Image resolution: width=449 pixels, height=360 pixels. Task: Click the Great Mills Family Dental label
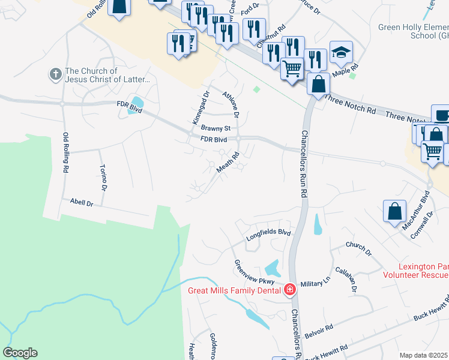(x=235, y=291)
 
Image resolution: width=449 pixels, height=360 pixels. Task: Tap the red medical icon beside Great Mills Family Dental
(x=290, y=290)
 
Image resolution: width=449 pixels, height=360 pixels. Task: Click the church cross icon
(x=55, y=75)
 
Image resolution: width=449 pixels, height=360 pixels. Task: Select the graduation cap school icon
(x=341, y=52)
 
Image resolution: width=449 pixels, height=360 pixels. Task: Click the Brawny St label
(x=215, y=128)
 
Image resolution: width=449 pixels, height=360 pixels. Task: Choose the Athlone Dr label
(x=231, y=104)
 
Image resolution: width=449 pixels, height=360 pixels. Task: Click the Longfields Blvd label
(x=268, y=235)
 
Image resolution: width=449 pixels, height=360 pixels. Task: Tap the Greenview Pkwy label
(x=254, y=272)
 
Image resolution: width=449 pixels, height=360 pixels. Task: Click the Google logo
(x=20, y=353)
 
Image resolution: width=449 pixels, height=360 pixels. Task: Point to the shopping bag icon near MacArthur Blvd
(x=394, y=211)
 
